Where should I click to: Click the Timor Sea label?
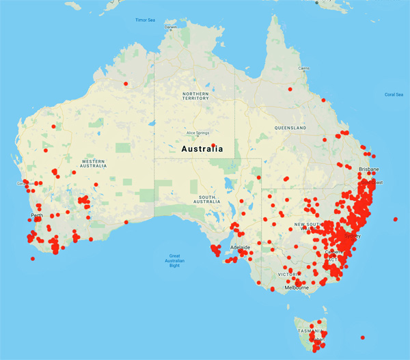pyautogui.click(x=144, y=20)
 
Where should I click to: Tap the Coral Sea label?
pyautogui.click(x=394, y=94)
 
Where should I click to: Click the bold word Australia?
pyautogui.click(x=202, y=148)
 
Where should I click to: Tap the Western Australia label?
pyautogui.click(x=93, y=163)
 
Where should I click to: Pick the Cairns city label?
pyautogui.click(x=304, y=68)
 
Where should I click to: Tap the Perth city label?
pyautogui.click(x=37, y=216)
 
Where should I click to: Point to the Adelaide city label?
pyautogui.click(x=239, y=247)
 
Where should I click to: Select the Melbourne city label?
pyautogui.click(x=297, y=288)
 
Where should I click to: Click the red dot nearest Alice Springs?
pyautogui.click(x=214, y=145)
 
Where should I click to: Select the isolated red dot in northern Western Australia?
pyautogui.click(x=125, y=84)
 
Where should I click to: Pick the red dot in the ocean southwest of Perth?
pyautogui.click(x=32, y=258)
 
